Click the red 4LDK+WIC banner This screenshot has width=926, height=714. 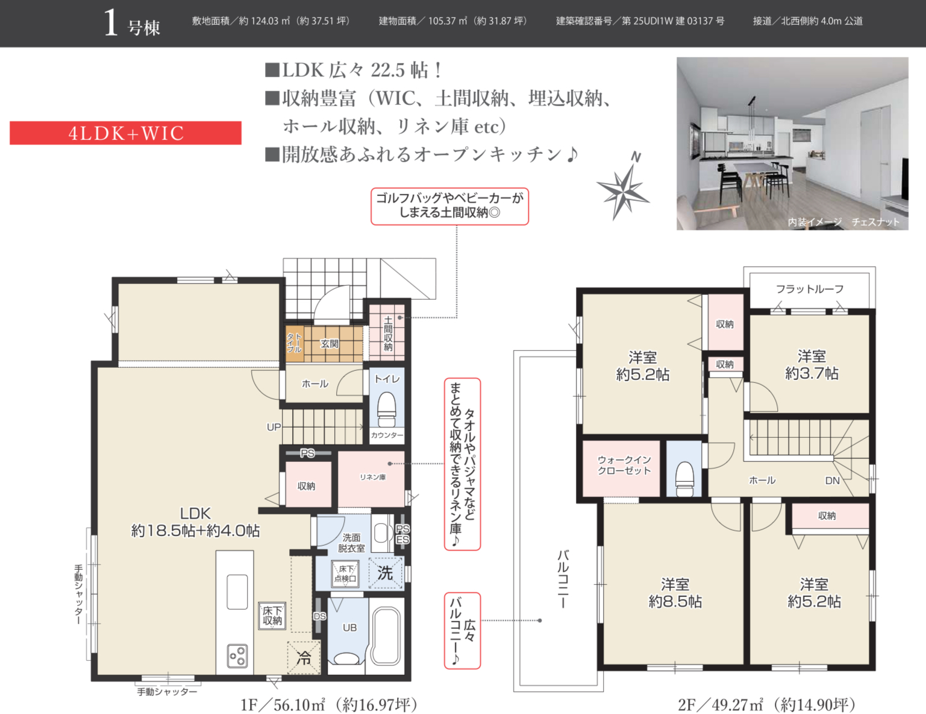point(125,133)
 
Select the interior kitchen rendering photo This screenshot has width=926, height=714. point(792,144)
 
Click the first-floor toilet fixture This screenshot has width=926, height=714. point(387,409)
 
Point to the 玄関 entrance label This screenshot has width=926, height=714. point(330,343)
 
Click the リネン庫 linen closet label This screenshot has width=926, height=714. point(372,477)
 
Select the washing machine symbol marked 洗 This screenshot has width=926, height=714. point(385,573)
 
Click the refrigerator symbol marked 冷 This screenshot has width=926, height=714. point(304,658)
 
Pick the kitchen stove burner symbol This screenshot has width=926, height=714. point(237,656)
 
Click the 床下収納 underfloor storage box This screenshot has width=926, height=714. point(272,616)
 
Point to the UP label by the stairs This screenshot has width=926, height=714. point(274,427)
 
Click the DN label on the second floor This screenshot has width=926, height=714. point(832,481)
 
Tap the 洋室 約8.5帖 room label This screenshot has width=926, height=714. point(675,592)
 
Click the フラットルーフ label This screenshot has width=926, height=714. point(810,289)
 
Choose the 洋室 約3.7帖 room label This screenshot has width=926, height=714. point(812,365)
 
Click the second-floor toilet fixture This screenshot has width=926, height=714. point(684,479)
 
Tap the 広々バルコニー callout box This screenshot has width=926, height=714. point(462,630)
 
